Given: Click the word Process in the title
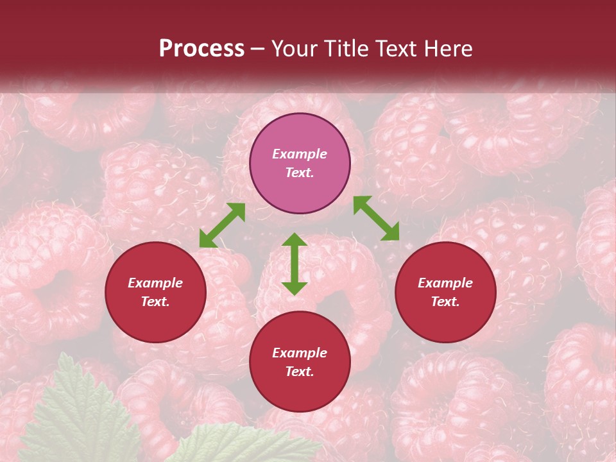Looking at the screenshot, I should tap(201, 49).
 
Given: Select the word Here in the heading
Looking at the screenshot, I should tap(449, 49).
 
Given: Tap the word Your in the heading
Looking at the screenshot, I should tap(296, 49).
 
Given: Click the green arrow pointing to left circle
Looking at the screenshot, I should tap(222, 225).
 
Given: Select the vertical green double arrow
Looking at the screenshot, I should tap(295, 264).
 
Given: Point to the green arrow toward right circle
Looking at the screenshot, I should tap(376, 218).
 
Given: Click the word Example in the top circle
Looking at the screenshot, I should tap(300, 154).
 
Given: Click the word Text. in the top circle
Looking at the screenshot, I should tap(300, 173).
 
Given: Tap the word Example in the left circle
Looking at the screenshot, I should tap(155, 283).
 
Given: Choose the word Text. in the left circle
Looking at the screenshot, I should tap(155, 302).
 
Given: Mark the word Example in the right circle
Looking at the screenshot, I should tap(445, 283).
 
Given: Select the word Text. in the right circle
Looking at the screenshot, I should tap(445, 302).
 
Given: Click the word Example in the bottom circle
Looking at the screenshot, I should tap(300, 353).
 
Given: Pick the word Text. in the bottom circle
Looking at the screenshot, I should tap(300, 372).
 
